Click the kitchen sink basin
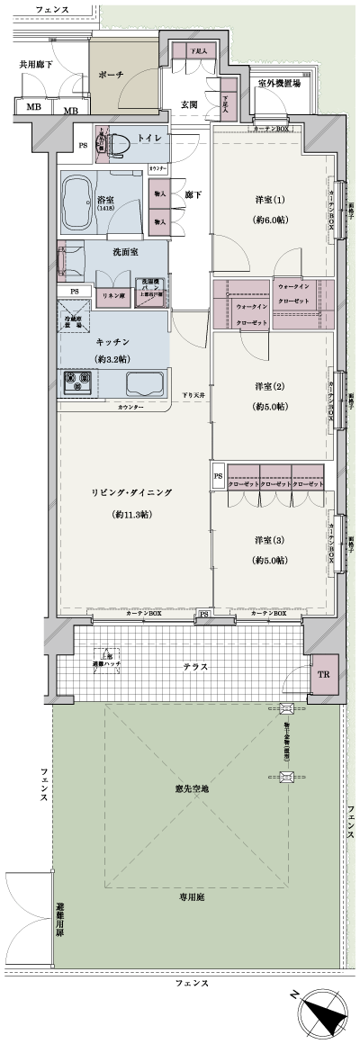tap(144, 384)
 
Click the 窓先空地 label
tap(192, 788)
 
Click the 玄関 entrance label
tap(188, 103)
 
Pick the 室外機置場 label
tap(278, 84)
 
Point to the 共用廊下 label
tap(36, 65)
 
